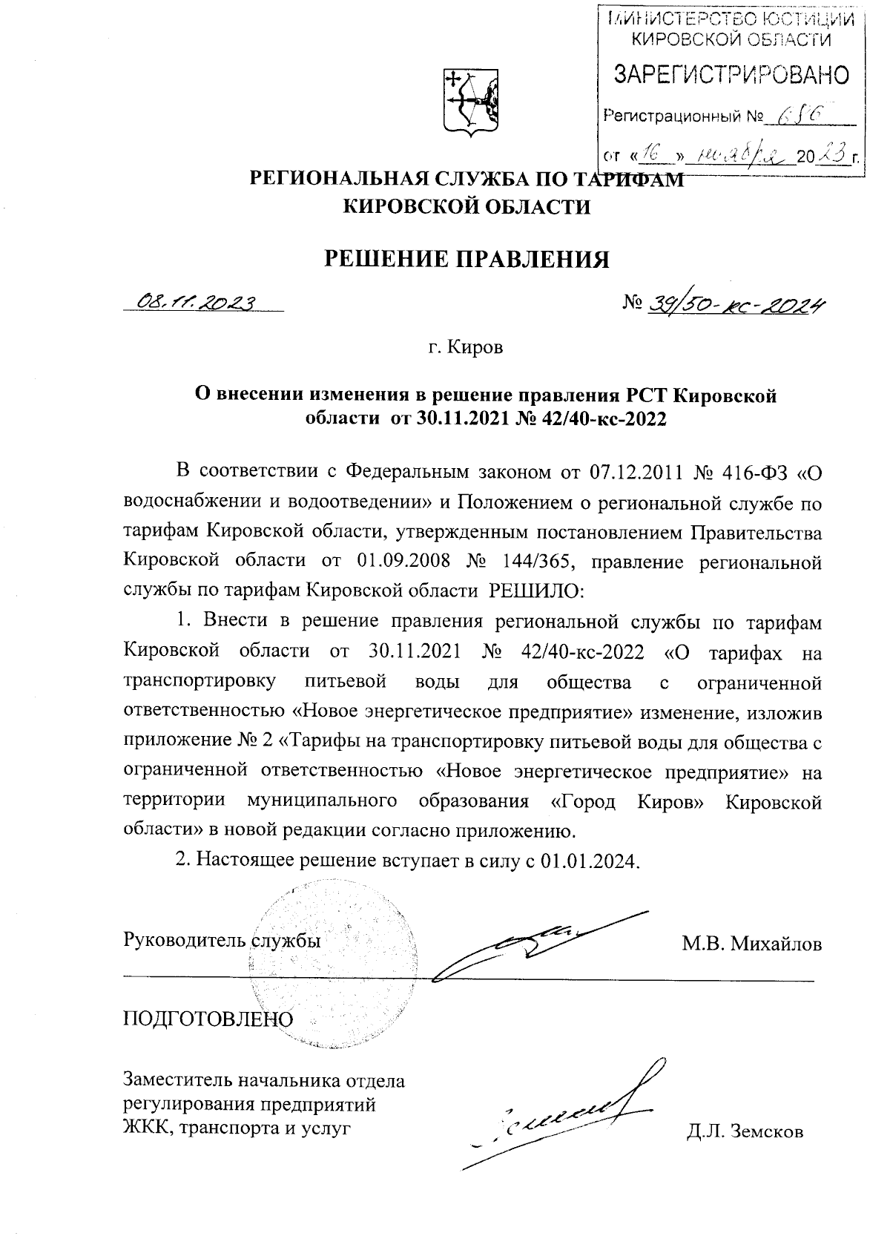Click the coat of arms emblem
coord(470,102)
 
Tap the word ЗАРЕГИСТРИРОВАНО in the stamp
coord(730,75)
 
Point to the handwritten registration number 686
coord(798,115)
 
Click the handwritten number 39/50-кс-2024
coord(737,302)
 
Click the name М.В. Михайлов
coord(752,944)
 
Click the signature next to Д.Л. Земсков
coord(564,1113)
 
